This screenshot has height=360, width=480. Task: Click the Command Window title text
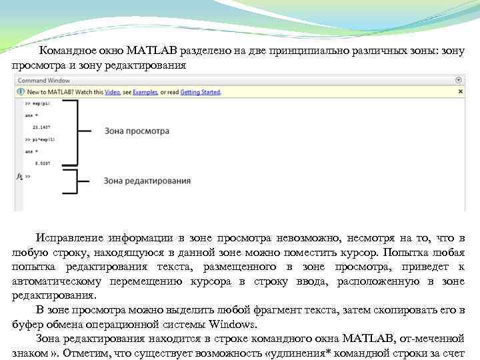tap(44, 80)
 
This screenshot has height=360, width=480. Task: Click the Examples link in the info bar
tap(145, 92)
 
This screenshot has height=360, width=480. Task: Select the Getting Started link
tap(200, 92)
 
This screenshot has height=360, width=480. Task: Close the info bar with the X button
tap(459, 92)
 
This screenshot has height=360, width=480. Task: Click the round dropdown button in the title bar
tap(459, 80)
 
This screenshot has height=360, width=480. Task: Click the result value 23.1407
tap(41, 126)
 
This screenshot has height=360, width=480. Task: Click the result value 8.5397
tap(41, 162)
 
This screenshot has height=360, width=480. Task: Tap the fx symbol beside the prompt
tap(18, 176)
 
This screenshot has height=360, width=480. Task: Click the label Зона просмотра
tap(137, 131)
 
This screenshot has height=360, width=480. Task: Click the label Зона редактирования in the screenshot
tap(148, 180)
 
